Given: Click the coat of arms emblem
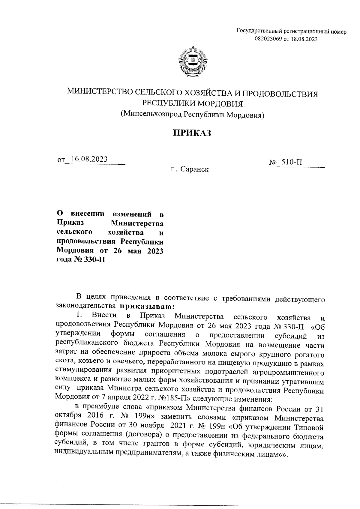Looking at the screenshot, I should tap(192, 62).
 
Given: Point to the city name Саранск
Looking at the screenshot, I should tap(194, 170).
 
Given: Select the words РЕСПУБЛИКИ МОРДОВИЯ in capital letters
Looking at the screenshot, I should tap(192, 103).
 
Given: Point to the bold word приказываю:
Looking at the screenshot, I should tap(145, 307).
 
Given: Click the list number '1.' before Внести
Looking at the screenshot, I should tap(79, 315).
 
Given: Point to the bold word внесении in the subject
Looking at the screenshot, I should tap(87, 214).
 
